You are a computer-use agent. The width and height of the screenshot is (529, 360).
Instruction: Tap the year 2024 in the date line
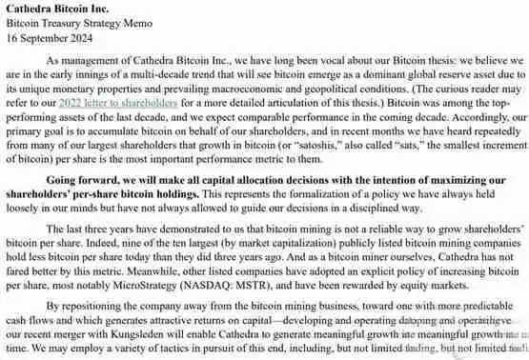click(x=86, y=36)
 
